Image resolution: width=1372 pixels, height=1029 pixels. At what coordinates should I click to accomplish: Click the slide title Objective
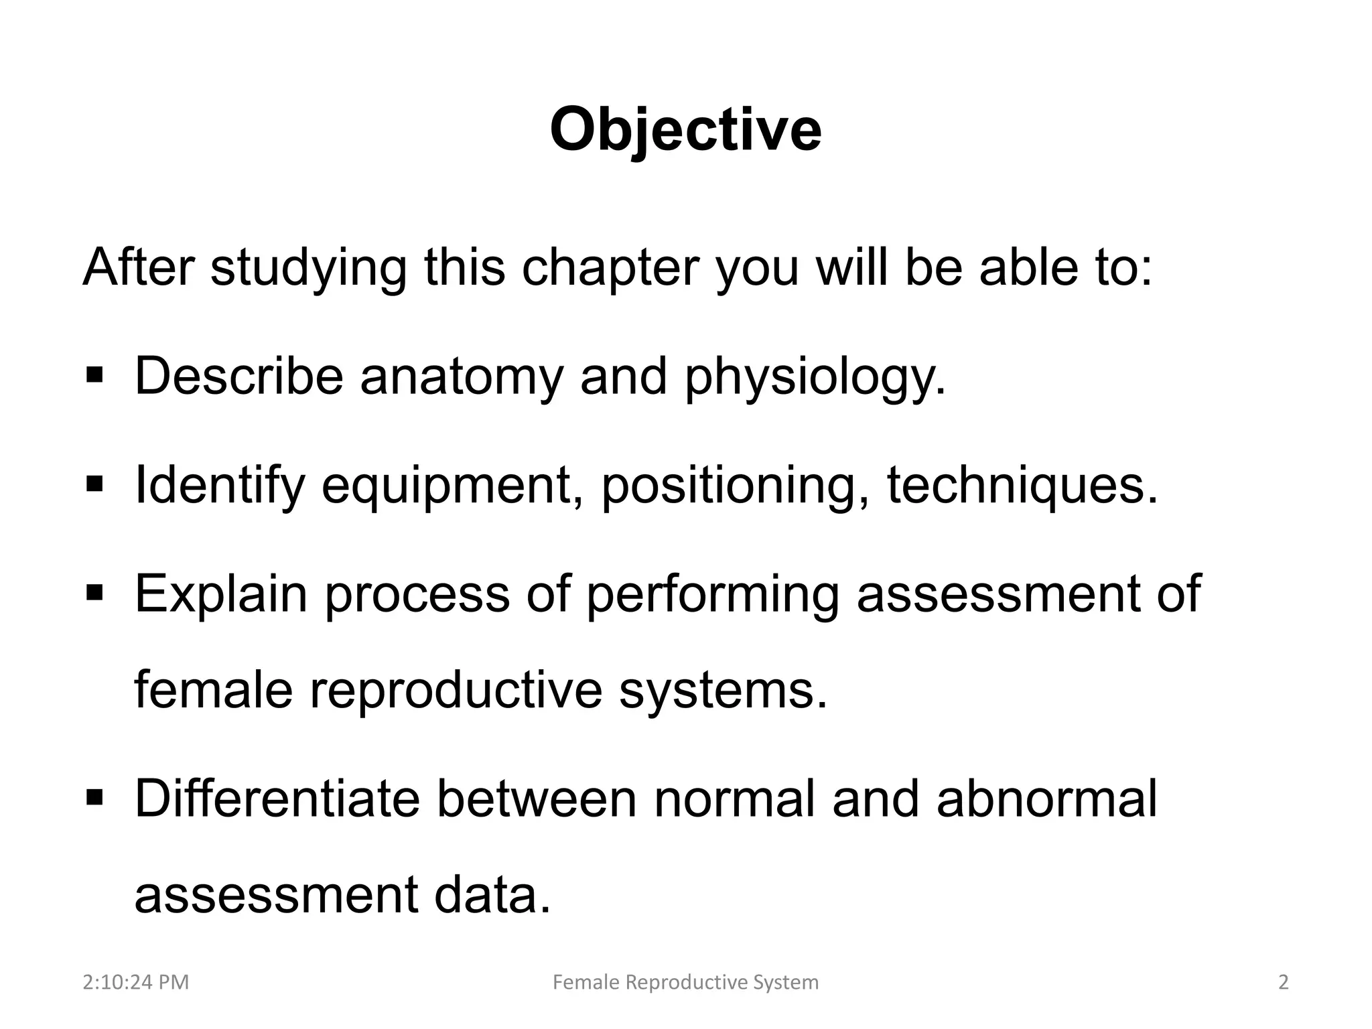pyautogui.click(x=685, y=131)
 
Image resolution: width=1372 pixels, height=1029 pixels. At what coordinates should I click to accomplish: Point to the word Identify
pyautogui.click(x=220, y=486)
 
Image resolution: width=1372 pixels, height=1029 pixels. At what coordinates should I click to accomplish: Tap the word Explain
pyautogui.click(x=220, y=595)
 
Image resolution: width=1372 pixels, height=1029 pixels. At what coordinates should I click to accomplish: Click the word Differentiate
pyautogui.click(x=277, y=800)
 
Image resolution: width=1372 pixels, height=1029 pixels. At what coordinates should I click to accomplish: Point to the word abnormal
pyautogui.click(x=1046, y=800)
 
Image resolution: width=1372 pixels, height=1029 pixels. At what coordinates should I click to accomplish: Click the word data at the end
pyautogui.click(x=492, y=896)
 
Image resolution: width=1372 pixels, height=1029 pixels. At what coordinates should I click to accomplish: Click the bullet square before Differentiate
pyautogui.click(x=94, y=797)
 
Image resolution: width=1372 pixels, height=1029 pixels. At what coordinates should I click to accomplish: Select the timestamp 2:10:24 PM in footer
pyautogui.click(x=136, y=983)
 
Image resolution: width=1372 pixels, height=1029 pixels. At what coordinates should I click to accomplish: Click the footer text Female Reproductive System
pyautogui.click(x=685, y=983)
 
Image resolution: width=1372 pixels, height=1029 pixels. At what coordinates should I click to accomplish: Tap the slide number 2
pyautogui.click(x=1283, y=983)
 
